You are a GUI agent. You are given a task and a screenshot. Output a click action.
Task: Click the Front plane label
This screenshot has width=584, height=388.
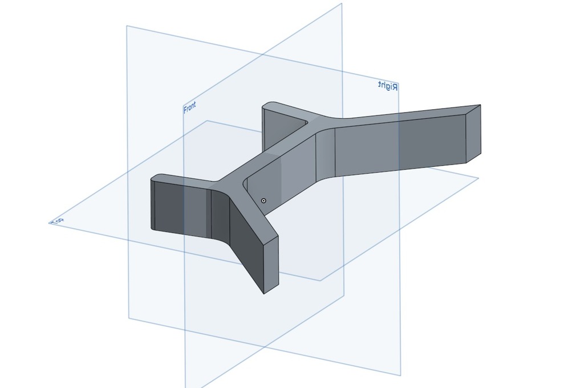(189, 107)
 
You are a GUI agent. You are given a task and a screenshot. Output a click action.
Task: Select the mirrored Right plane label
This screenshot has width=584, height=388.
(388, 86)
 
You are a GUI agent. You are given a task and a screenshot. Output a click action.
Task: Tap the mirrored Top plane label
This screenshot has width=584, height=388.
(57, 221)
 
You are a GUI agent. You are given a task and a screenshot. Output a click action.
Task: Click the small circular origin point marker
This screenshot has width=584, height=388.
(263, 201)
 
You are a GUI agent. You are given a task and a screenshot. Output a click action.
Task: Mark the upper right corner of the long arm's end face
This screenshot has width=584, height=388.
(480, 105)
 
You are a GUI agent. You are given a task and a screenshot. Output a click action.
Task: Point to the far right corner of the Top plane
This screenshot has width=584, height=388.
(478, 178)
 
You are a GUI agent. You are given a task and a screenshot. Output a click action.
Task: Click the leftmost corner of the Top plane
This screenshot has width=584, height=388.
(49, 223)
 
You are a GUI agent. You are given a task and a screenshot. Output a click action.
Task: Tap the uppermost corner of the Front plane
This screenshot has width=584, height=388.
(342, 3)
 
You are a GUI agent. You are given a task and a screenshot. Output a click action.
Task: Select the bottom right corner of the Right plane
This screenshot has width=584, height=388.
(400, 375)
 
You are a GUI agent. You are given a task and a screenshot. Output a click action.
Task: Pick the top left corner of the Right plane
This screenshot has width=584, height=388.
(127, 26)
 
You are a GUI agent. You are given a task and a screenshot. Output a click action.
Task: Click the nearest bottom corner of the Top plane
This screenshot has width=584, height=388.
(320, 281)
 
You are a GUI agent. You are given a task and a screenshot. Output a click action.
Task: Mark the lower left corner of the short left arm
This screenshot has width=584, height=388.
(152, 229)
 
